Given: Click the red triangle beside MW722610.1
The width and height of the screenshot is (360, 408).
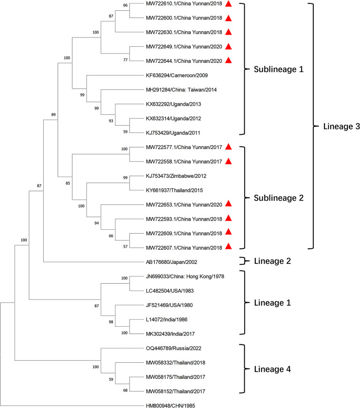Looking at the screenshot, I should click(x=229, y=4).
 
